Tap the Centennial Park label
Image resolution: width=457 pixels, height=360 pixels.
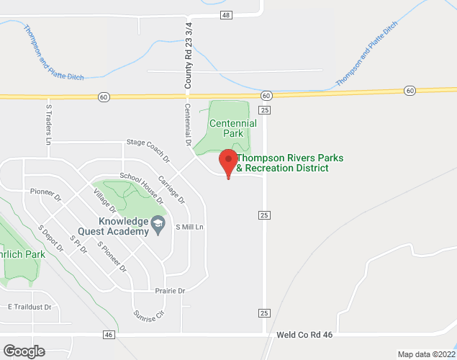pos(232,128)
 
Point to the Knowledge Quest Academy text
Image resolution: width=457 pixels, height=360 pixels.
pos(124,226)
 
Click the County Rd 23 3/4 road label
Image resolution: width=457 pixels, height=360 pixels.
pos(189,55)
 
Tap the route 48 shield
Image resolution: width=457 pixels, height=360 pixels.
pos(227,15)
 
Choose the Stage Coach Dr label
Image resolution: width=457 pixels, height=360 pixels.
pos(148,150)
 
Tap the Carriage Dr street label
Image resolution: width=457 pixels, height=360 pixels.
pos(171,189)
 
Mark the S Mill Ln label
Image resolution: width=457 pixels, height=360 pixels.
pos(191,227)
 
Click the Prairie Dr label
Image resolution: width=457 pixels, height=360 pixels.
pos(171,291)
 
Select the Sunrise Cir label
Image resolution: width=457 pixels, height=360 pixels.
pos(149,315)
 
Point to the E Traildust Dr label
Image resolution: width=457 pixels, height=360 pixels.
pos(30,307)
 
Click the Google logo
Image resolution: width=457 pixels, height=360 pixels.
pos(23,351)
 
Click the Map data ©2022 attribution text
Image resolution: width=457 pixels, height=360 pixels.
pos(427,354)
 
